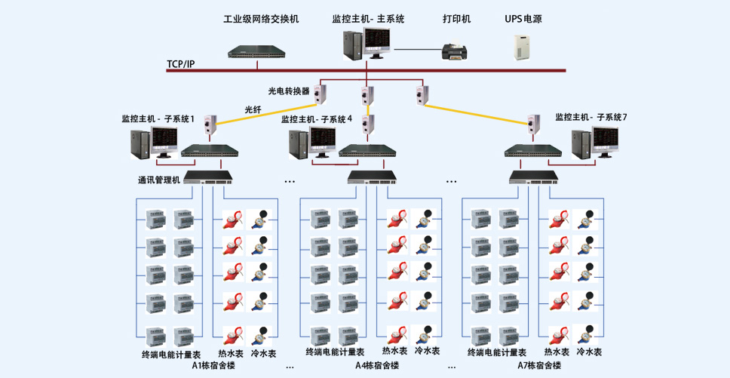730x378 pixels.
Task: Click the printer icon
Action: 457,50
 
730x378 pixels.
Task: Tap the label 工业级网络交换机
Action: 261,19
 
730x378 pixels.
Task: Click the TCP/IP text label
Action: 181,64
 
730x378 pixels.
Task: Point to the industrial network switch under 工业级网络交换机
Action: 257,51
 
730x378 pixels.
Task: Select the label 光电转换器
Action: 289,91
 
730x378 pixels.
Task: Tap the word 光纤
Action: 253,110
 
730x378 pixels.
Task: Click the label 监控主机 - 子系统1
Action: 158,118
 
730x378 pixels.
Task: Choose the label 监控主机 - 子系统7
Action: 591,117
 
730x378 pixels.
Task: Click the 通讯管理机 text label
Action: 159,180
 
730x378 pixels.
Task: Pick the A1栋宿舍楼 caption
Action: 213,365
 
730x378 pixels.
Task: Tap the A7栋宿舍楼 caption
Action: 540,365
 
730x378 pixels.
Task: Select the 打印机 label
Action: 456,19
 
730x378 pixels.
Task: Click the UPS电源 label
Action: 523,19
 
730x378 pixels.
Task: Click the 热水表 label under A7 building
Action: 557,352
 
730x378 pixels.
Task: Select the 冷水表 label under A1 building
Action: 263,353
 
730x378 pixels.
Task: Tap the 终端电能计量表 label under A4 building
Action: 335,352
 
